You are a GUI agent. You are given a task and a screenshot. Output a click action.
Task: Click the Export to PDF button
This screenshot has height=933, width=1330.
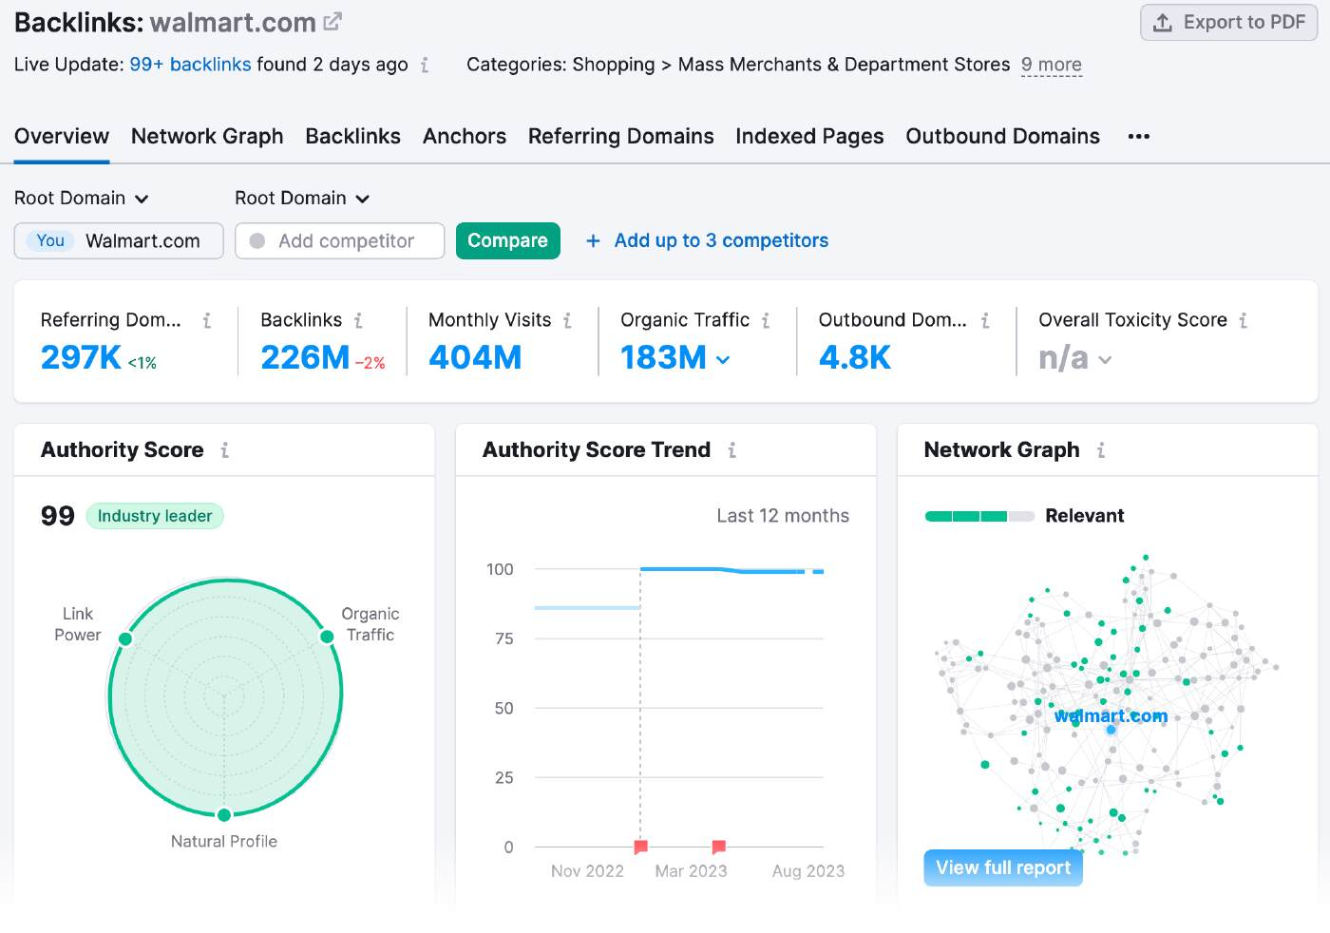(x=1228, y=23)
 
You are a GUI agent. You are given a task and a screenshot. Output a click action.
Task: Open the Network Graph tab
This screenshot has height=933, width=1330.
(x=207, y=137)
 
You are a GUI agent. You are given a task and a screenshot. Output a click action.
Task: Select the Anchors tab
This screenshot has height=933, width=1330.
(x=464, y=137)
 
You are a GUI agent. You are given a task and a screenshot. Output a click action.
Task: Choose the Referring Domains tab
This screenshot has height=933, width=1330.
(x=620, y=137)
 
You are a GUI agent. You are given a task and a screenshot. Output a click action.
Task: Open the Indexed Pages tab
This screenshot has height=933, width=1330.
(x=809, y=137)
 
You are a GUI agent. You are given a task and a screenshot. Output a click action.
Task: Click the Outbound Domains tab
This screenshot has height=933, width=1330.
(x=1002, y=137)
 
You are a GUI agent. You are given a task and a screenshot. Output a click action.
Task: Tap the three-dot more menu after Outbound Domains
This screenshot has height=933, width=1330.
(x=1138, y=137)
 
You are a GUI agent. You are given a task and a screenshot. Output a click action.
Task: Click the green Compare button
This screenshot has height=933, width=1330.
(x=507, y=241)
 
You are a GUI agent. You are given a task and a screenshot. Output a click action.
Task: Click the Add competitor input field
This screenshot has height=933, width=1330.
(x=346, y=241)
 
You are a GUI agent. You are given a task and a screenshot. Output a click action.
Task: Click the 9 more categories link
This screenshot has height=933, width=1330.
(x=1051, y=65)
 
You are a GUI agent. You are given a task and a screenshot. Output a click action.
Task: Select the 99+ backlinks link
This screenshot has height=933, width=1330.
(x=190, y=65)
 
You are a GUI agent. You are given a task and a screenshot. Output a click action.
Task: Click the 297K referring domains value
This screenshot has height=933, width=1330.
(x=81, y=358)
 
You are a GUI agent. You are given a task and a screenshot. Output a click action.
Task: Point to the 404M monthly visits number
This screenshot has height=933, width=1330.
(x=475, y=358)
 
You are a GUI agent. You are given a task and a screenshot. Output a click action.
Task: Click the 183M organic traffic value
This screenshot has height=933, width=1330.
(x=663, y=358)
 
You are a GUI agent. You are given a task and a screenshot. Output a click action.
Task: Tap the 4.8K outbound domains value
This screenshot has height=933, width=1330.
(x=854, y=358)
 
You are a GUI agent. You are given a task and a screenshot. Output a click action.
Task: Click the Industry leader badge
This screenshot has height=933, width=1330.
(x=155, y=516)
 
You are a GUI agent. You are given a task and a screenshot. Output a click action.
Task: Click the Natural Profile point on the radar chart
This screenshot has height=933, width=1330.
(x=224, y=815)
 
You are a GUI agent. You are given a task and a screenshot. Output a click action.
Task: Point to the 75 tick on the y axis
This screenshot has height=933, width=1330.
(x=503, y=638)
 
